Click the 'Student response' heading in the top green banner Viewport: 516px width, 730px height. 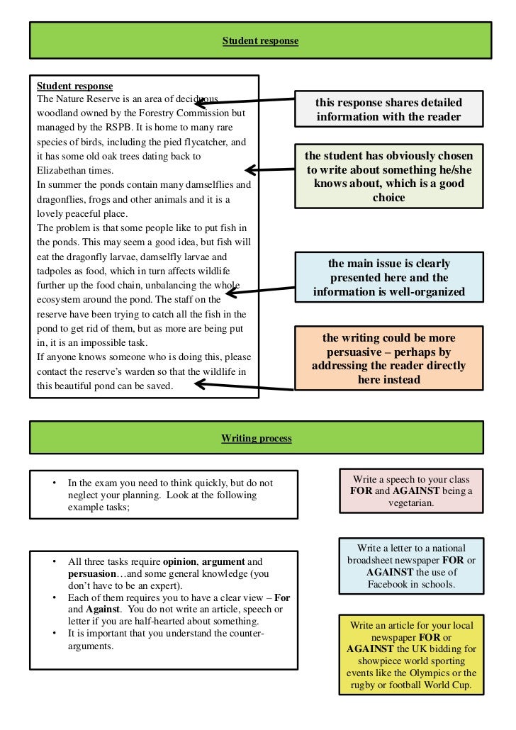[x=260, y=41]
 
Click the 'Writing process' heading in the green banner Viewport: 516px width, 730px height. [x=256, y=439]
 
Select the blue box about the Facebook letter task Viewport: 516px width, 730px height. [x=411, y=566]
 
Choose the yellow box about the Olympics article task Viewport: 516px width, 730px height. [x=411, y=656]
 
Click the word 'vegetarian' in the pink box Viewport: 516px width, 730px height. [x=411, y=502]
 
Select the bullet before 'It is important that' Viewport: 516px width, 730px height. [x=54, y=633]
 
